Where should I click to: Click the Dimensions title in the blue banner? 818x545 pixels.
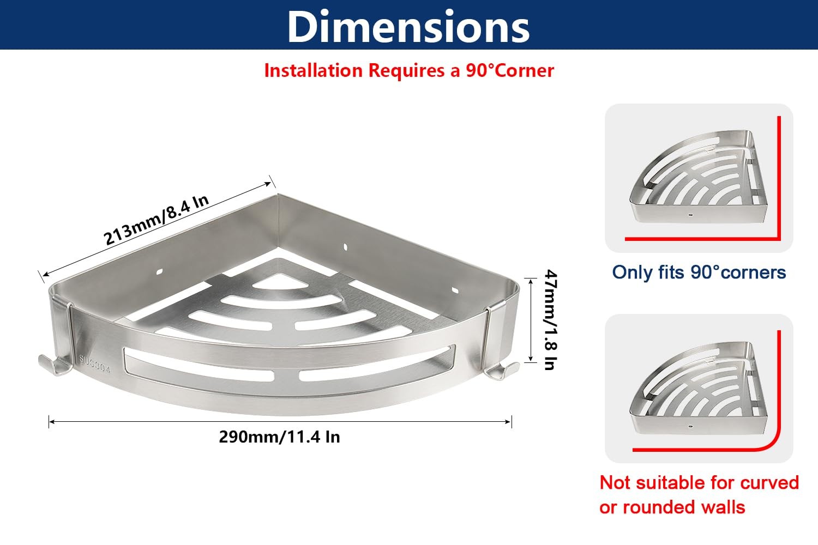pos(408,26)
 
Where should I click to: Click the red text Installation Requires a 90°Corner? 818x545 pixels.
pos(409,70)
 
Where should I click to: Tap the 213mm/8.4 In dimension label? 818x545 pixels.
pos(156,220)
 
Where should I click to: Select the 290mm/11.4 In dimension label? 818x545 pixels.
pos(279,437)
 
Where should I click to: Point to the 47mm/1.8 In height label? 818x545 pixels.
pos(550,320)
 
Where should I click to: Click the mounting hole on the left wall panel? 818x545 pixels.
pos(159,271)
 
